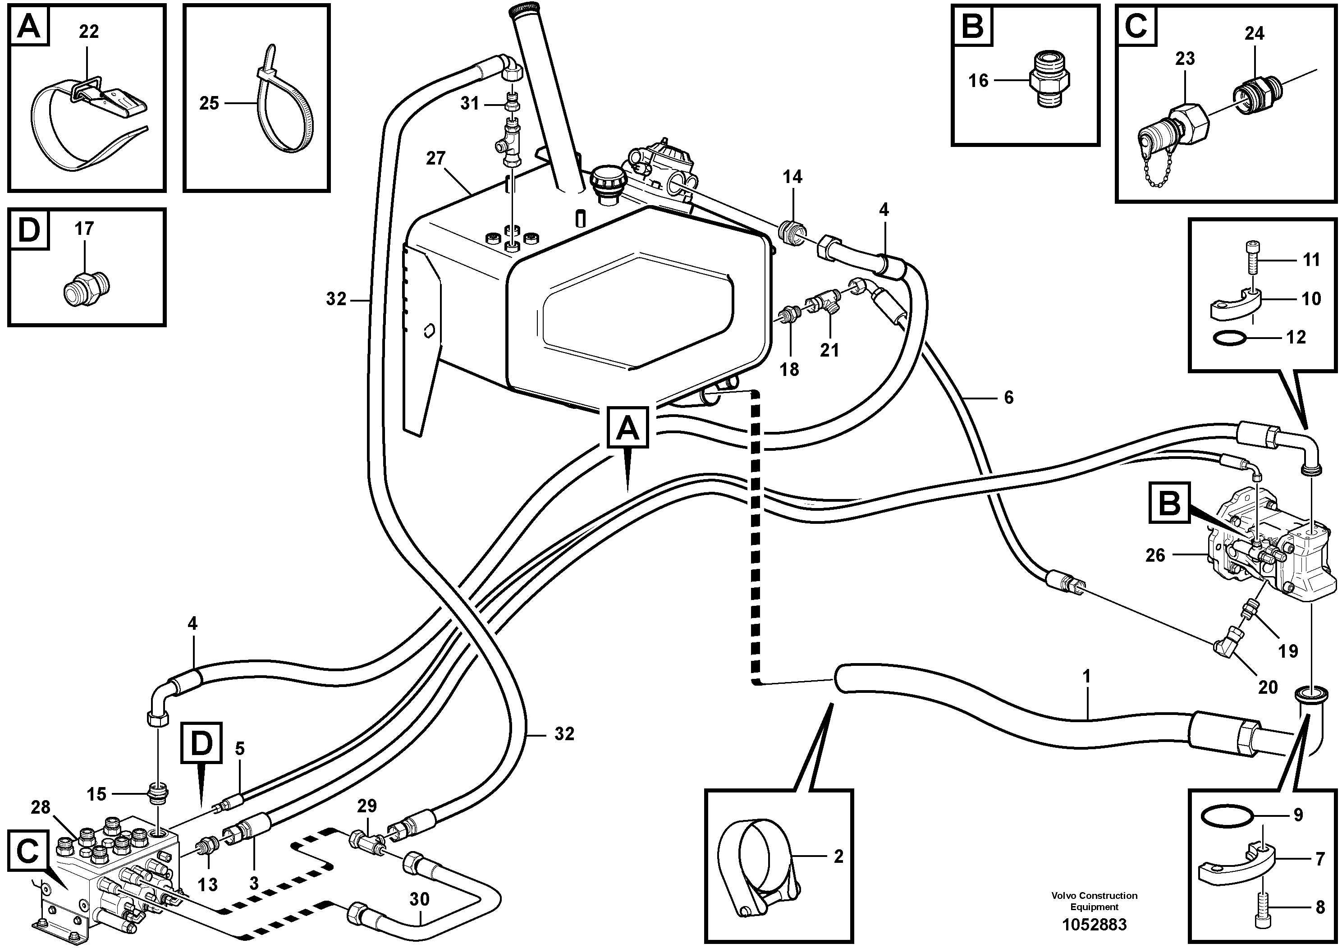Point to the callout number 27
436,158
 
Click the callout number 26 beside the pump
1154,555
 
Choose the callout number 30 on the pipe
419,899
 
